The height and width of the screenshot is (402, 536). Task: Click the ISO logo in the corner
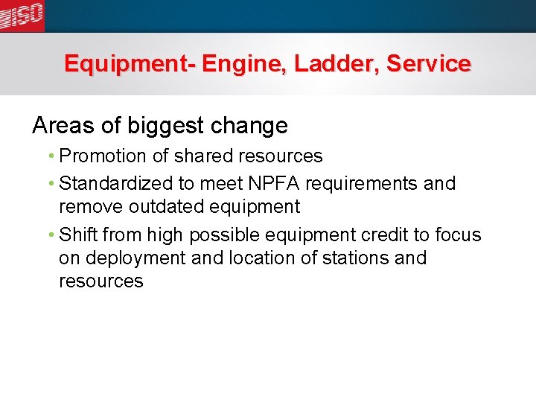coord(22,15)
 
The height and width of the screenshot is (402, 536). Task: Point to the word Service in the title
coord(429,64)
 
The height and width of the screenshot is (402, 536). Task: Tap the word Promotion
coord(103,156)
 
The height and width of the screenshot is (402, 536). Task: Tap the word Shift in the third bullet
coord(78,235)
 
